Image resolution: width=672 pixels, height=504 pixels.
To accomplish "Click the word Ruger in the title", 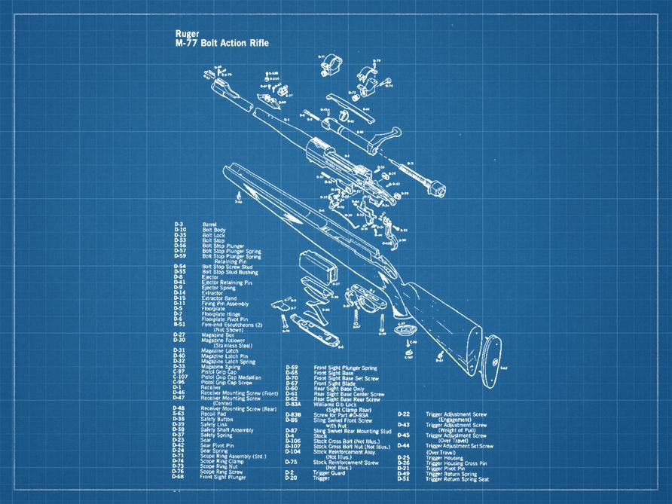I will pos(186,34).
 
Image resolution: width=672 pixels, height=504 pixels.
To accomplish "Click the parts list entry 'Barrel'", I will pos(209,224).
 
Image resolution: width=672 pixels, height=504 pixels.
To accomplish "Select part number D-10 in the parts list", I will pos(179,230).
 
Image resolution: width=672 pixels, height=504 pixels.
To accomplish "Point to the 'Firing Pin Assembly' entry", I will pos(224,303).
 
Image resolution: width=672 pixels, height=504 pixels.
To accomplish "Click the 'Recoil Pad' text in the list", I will pos(214,414).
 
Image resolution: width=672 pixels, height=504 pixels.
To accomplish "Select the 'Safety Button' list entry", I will pos(217,419).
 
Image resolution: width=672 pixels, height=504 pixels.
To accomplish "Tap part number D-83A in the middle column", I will pos(293,404).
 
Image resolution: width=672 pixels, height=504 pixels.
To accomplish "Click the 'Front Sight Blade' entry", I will pos(335,383).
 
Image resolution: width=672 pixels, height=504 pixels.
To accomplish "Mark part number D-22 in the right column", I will pos(404,414).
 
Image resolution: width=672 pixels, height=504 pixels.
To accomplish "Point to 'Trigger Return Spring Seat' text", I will pos(457,478).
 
